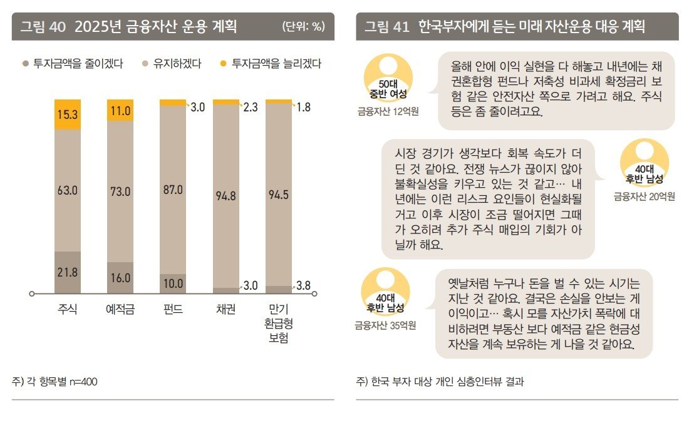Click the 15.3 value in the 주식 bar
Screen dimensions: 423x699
(x=68, y=115)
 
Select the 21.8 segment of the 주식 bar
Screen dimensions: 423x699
(x=68, y=272)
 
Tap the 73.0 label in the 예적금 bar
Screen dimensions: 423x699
(x=120, y=191)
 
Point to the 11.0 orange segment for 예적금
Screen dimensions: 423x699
(x=120, y=111)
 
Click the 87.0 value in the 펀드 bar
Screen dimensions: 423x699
(x=172, y=190)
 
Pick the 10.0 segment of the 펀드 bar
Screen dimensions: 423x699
(x=172, y=283)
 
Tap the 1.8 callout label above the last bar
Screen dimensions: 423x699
(x=304, y=107)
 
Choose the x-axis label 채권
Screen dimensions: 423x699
(x=225, y=309)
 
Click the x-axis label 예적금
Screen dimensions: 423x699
(x=120, y=309)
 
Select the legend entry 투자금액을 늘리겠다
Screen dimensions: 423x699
(x=272, y=63)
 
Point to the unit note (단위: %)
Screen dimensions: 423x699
(x=303, y=26)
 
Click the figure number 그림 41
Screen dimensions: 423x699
(x=387, y=26)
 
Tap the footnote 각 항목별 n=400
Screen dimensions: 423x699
(x=54, y=381)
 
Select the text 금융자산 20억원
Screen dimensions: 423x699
(x=644, y=196)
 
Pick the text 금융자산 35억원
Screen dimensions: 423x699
(x=385, y=325)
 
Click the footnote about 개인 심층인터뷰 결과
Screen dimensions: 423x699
(x=439, y=381)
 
